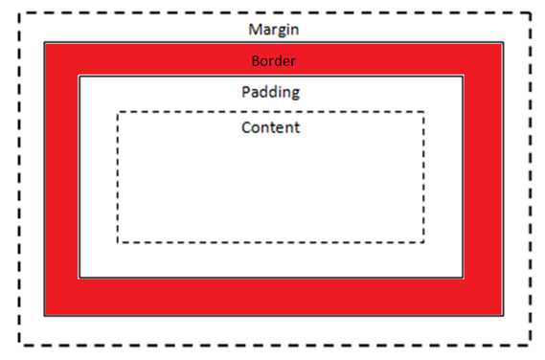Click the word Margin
click(273, 30)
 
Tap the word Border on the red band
click(273, 60)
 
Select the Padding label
click(271, 93)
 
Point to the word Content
click(271, 126)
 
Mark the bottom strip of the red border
click(273, 296)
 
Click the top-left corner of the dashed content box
click(118, 112)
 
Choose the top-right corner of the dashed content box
click(423, 112)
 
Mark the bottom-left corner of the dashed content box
click(118, 241)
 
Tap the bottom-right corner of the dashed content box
click(423, 241)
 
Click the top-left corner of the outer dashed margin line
click(19, 13)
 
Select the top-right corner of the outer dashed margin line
click(530, 13)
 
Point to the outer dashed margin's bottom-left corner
click(19, 344)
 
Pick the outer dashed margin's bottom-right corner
click(530, 344)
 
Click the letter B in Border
click(255, 60)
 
